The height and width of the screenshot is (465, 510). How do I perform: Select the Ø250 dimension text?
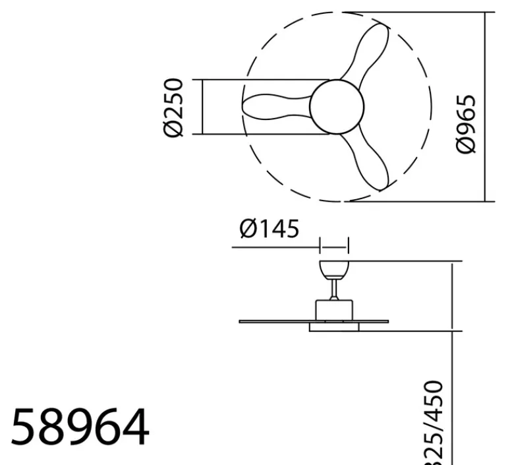click(x=173, y=108)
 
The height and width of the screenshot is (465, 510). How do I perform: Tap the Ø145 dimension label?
click(x=269, y=229)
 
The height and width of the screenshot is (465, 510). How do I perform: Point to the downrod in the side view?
click(x=335, y=288)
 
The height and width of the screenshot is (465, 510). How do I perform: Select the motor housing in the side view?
click(x=335, y=309)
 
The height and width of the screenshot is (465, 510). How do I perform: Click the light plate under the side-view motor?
click(x=334, y=327)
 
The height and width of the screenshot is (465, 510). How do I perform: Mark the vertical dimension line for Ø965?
click(x=486, y=106)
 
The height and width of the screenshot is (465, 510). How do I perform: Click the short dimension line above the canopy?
click(x=334, y=248)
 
